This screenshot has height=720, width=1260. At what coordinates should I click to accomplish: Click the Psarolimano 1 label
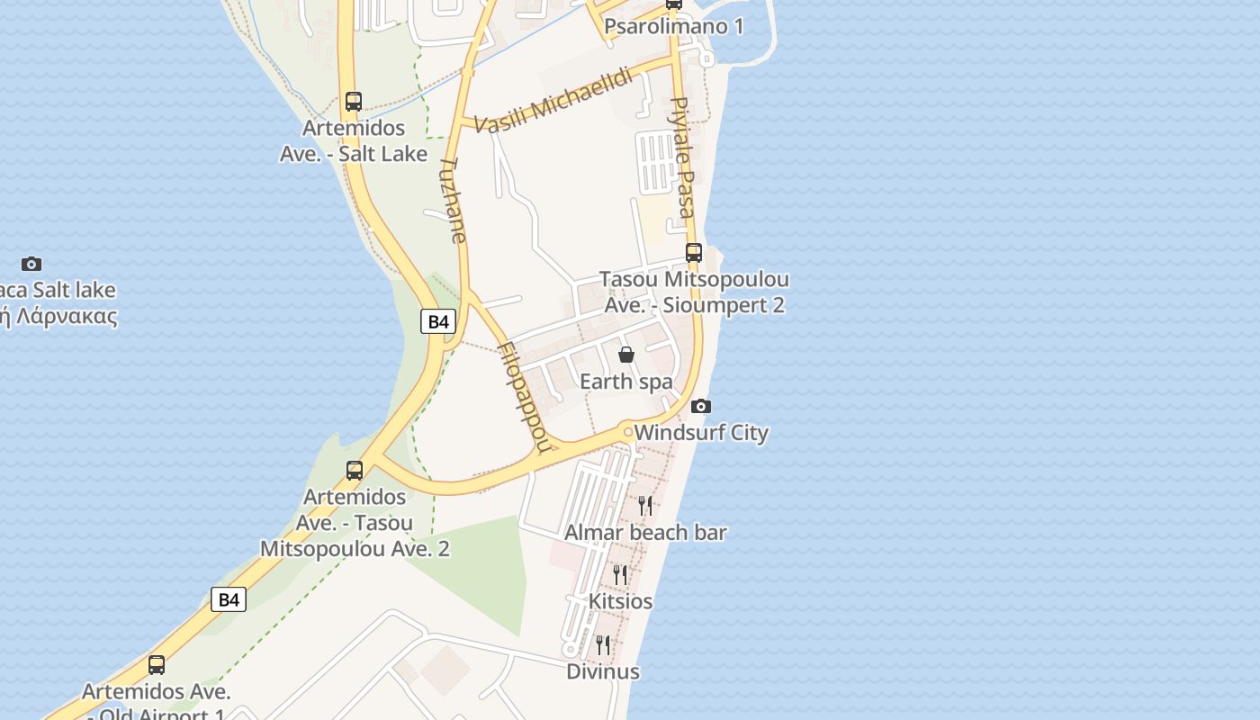point(674,26)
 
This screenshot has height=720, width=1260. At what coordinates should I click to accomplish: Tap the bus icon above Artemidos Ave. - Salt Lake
point(354,102)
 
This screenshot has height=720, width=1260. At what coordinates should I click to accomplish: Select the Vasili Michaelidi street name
point(553,101)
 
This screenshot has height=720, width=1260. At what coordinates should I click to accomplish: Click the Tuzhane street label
point(453,201)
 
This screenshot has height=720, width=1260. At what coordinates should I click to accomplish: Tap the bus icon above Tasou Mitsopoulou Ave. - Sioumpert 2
point(694,253)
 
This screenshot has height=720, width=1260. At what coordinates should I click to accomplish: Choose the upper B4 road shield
point(438,321)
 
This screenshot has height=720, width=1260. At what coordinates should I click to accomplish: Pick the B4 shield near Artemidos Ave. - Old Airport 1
point(229,599)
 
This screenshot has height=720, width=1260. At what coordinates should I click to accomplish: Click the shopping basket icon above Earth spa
point(626,355)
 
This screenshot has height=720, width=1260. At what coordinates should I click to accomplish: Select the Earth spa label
point(626,382)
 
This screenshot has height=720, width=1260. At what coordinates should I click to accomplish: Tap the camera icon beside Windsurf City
point(701,407)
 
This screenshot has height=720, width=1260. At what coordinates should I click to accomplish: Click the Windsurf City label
point(701,433)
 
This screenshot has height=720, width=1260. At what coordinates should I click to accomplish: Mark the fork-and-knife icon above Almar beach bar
point(645,505)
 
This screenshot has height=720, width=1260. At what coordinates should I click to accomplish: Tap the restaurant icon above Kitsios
point(620,573)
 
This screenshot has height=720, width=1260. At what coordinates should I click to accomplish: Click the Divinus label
point(603,671)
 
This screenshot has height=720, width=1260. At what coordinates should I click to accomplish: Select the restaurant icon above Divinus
point(603,644)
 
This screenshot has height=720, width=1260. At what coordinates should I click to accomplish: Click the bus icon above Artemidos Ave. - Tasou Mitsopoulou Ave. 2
point(355,470)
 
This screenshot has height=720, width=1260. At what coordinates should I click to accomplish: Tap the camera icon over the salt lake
point(31,264)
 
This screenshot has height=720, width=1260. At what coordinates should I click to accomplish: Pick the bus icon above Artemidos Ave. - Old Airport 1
point(157,665)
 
